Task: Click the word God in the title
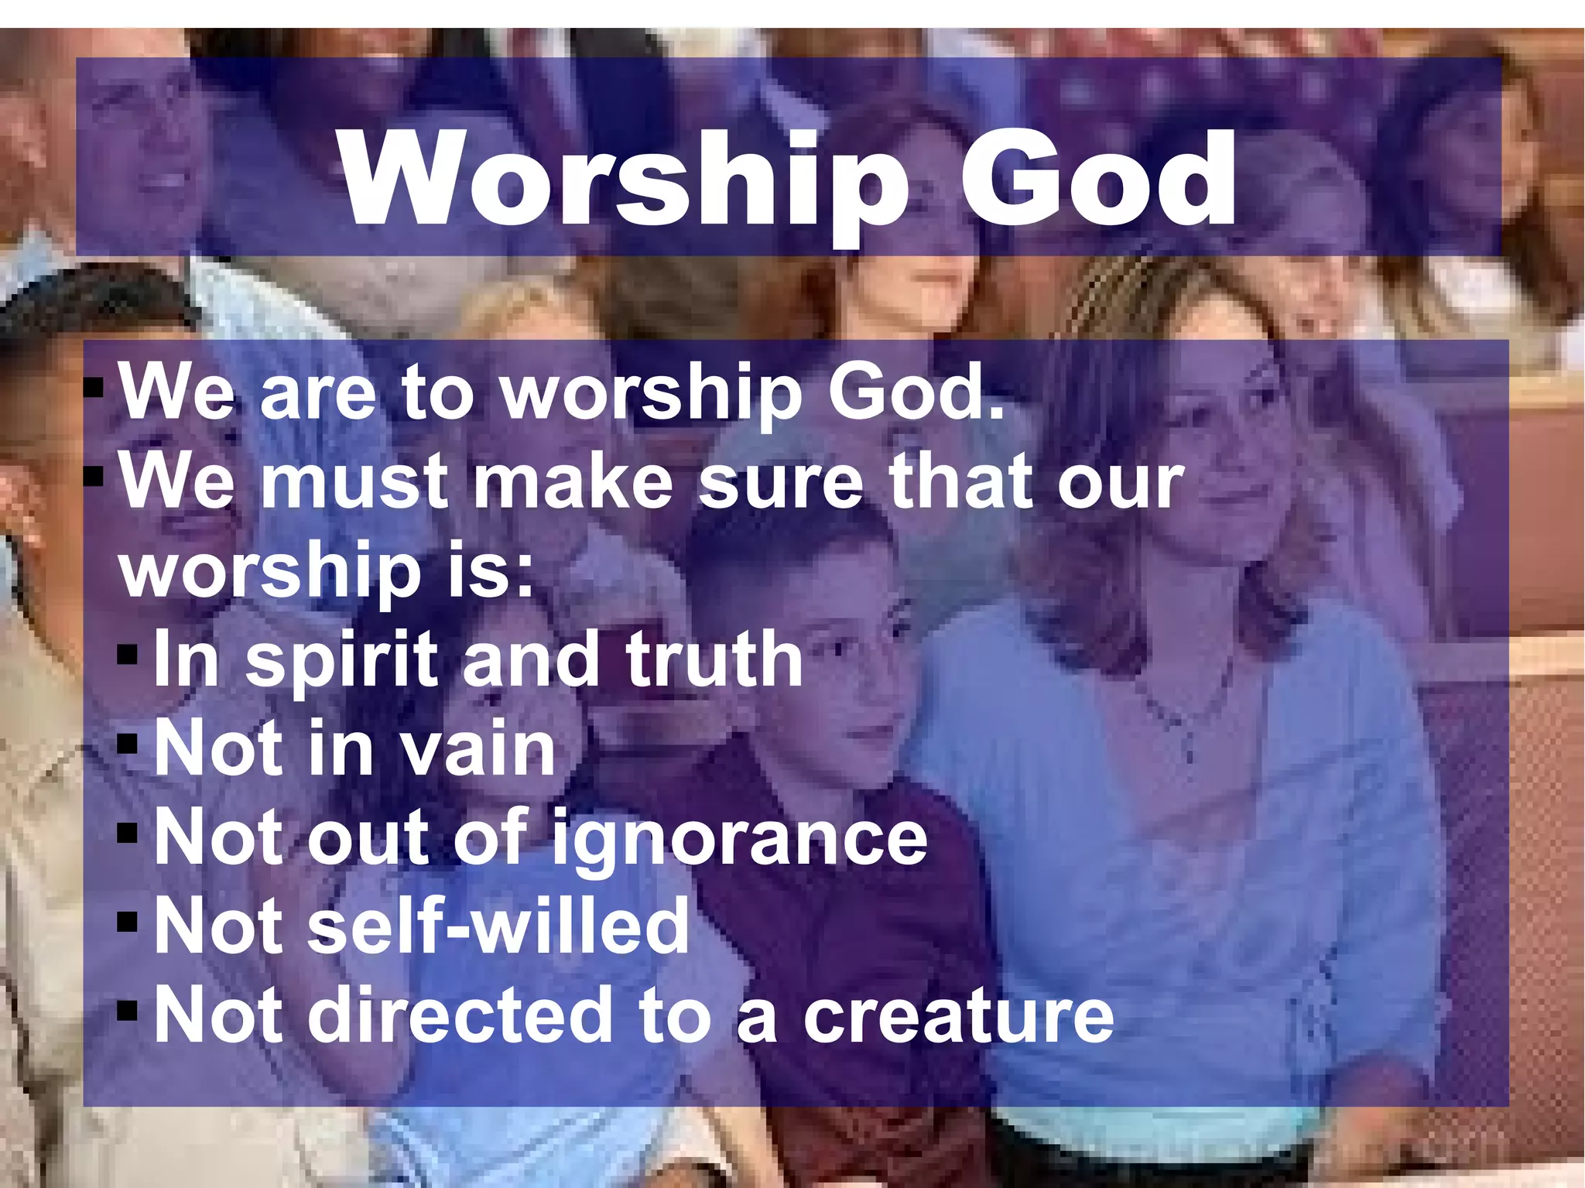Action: click(1097, 180)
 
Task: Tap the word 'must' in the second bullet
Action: click(355, 481)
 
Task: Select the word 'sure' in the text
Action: click(781, 481)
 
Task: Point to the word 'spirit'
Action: click(341, 659)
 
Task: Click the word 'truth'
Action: click(714, 659)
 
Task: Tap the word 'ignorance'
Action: click(740, 837)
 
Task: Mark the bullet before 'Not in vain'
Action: click(128, 745)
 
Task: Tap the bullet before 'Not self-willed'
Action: click(128, 922)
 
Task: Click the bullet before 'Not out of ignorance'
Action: click(128, 834)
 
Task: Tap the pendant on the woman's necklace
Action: click(1189, 750)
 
